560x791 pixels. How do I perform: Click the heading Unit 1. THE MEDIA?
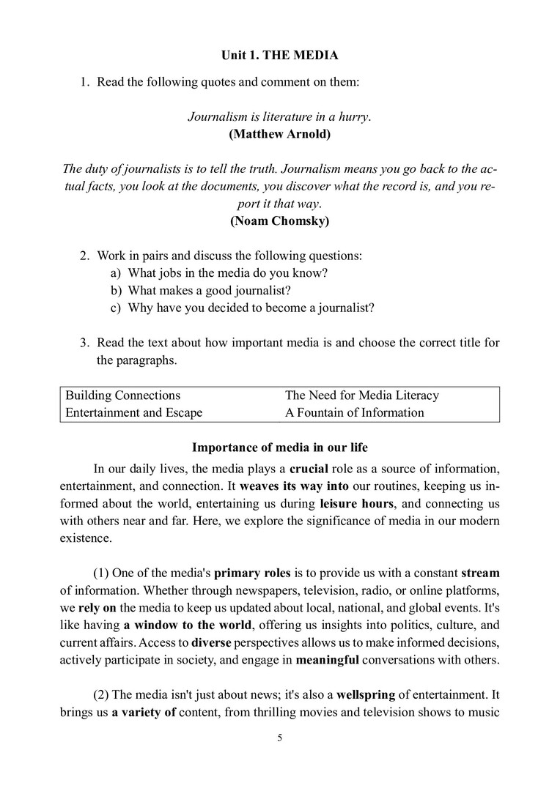tap(279, 55)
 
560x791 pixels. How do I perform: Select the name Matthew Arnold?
tap(279, 134)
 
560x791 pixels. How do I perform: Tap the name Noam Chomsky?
tap(279, 220)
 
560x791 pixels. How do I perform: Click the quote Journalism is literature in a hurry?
tap(279, 116)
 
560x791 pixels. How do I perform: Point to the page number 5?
tap(279, 738)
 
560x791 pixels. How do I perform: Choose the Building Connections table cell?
tap(123, 395)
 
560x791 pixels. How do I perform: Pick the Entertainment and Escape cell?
tap(134, 412)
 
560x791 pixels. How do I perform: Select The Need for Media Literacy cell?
tap(362, 395)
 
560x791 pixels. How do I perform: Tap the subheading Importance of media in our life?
tap(279, 448)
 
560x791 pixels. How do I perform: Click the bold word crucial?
tap(309, 469)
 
